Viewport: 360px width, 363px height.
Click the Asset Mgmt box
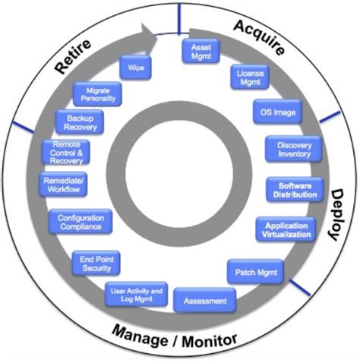pyautogui.click(x=200, y=52)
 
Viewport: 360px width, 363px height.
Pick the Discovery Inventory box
pyautogui.click(x=293, y=149)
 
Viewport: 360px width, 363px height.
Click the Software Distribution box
pyautogui.click(x=295, y=190)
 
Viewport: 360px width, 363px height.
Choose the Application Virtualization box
pyautogui.click(x=286, y=229)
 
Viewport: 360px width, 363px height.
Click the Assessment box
pyautogui.click(x=204, y=301)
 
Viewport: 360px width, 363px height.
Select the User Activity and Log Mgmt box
pyautogui.click(x=137, y=295)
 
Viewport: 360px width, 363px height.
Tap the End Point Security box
pyautogui.click(x=96, y=263)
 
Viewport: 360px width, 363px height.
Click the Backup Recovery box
pyautogui.click(x=80, y=122)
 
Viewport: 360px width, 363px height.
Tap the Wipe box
pyautogui.click(x=137, y=67)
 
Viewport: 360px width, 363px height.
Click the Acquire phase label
pyautogui.click(x=259, y=36)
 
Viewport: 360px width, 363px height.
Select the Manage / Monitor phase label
pyautogui.click(x=175, y=336)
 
